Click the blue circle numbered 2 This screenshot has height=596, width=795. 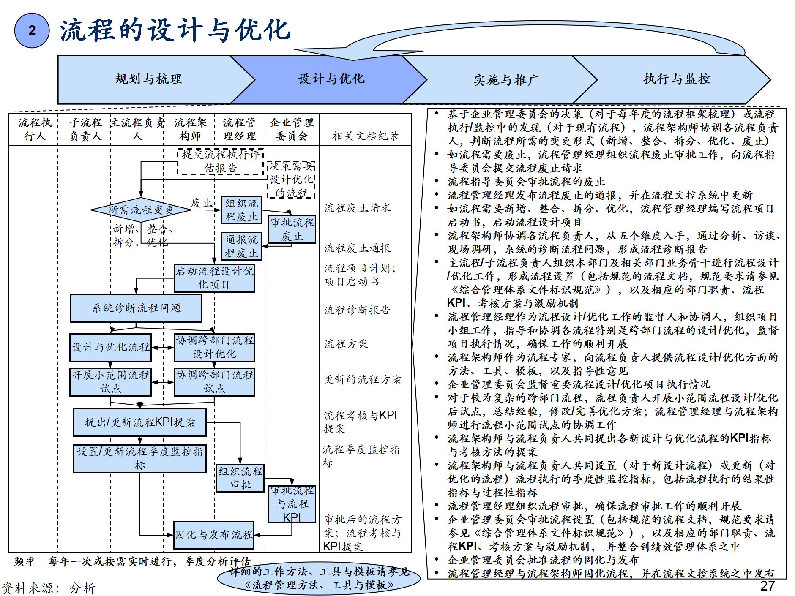(32, 30)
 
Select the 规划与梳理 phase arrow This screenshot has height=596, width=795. (148, 79)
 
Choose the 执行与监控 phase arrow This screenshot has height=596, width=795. (676, 79)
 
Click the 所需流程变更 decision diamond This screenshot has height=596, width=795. (140, 210)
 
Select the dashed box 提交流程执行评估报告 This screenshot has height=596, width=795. (221, 161)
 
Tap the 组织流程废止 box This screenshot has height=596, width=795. (241, 210)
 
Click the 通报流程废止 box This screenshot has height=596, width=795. (241, 246)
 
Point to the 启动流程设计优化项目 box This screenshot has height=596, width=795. (214, 278)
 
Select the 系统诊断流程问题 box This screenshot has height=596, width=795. (136, 308)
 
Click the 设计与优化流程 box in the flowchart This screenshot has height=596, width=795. (110, 347)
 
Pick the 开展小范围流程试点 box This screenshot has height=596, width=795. (110, 382)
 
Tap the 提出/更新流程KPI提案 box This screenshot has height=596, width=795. (140, 422)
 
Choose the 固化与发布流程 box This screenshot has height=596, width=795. (214, 535)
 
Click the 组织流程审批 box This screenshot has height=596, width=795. (240, 478)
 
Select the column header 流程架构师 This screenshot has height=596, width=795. (190, 129)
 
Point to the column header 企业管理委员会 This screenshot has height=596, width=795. (292, 129)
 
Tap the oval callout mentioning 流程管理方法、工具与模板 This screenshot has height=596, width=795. (319, 578)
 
